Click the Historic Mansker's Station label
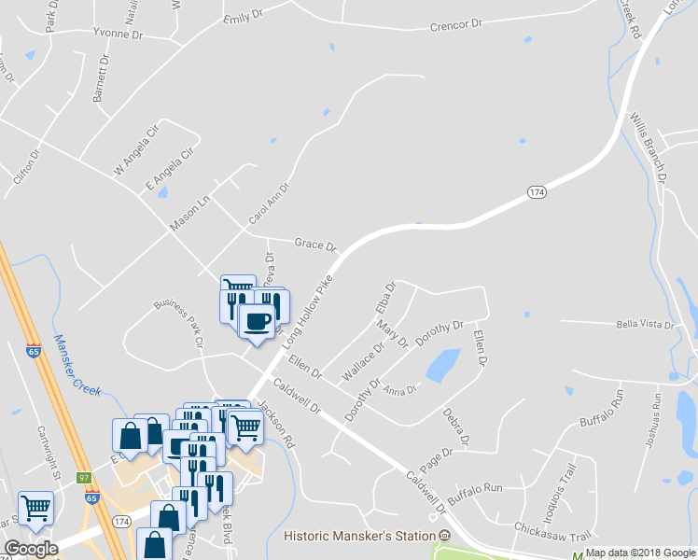[359, 536]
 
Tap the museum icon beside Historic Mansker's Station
[444, 536]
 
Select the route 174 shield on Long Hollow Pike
[536, 191]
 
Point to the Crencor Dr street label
[455, 24]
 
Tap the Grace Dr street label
[315, 245]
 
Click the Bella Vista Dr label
[644, 325]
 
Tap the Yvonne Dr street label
[117, 34]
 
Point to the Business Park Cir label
[179, 323]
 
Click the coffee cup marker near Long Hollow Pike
[257, 321]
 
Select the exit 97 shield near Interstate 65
[85, 478]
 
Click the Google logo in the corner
[31, 549]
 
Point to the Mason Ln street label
[191, 215]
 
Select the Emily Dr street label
[240, 18]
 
